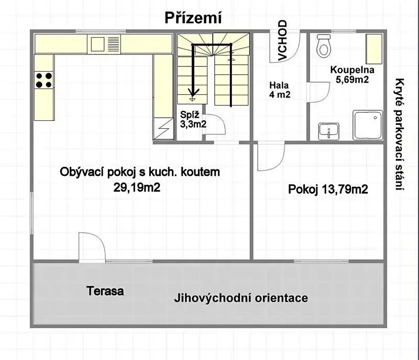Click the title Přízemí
[x=193, y=18]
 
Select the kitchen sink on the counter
[x=104, y=44]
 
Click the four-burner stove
[x=44, y=80]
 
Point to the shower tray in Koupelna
[x=368, y=125]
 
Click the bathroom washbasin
[x=329, y=131]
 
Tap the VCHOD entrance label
[x=282, y=40]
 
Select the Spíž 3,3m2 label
[x=193, y=119]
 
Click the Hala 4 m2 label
[x=280, y=89]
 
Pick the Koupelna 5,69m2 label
[x=352, y=74]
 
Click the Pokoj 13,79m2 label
[x=328, y=189]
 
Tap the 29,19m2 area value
[x=137, y=187]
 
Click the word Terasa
[x=105, y=290]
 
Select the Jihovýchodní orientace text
[x=241, y=298]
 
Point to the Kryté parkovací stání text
[x=400, y=134]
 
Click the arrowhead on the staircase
[x=192, y=93]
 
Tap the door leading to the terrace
[x=92, y=247]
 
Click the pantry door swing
[x=215, y=125]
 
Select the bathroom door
[x=318, y=92]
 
